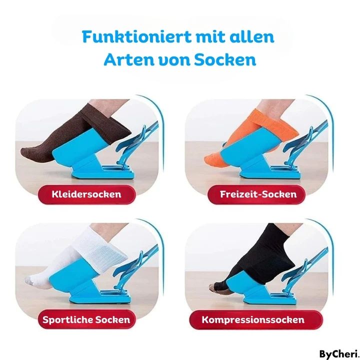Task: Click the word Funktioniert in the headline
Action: (136, 36)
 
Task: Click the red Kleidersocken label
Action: (86, 194)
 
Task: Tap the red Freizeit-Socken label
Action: (256, 194)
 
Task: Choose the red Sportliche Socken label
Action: (86, 319)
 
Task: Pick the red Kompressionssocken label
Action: (256, 320)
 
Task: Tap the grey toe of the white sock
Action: (29, 280)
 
